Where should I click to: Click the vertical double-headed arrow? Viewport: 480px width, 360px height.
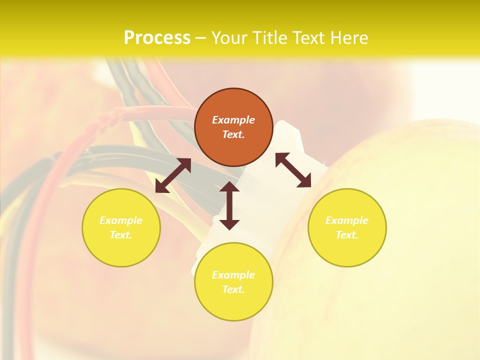tap(229, 206)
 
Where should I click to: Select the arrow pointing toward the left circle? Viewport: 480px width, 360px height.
tap(173, 175)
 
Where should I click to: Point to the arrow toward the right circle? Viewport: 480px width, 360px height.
tap(293, 170)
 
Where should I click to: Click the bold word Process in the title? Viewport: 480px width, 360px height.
tap(157, 38)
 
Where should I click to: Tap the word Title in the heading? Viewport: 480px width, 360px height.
tap(269, 38)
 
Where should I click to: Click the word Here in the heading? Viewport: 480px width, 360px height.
tap(349, 38)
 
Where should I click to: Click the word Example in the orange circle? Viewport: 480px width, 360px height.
tap(233, 120)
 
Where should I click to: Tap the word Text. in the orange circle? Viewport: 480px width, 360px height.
tap(233, 134)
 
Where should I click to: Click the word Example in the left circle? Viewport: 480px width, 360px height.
tap(121, 220)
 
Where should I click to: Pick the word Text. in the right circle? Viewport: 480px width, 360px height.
tap(347, 235)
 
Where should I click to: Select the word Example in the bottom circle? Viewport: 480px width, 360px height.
tap(233, 275)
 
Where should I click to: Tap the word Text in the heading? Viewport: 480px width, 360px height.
tap(308, 38)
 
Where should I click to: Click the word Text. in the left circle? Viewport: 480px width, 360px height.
tap(121, 235)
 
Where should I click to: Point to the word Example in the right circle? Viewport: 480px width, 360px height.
tap(347, 220)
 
